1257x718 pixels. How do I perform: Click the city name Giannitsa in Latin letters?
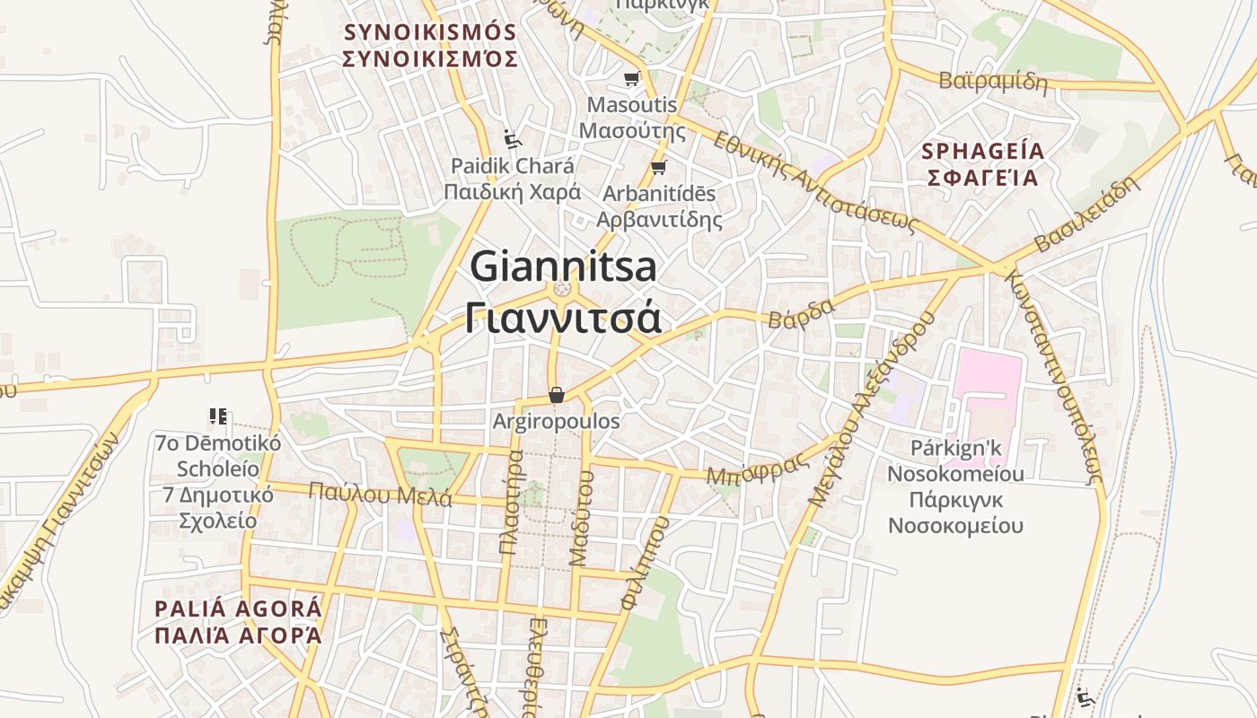click(x=563, y=266)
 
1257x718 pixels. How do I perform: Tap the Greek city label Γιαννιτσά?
click(x=563, y=318)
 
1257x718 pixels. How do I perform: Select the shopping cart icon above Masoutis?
click(x=631, y=79)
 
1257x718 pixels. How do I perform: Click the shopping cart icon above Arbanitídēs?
click(x=658, y=167)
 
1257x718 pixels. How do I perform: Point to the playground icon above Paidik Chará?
click(x=512, y=139)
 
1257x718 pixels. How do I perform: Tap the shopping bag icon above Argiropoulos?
click(x=557, y=395)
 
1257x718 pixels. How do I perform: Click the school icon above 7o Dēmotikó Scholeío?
click(x=217, y=416)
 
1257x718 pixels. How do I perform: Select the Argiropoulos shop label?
click(x=557, y=421)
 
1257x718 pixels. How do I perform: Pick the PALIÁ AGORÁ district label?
click(x=238, y=609)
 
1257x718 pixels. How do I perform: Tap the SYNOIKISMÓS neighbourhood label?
click(x=431, y=33)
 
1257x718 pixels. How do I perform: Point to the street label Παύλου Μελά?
click(x=380, y=494)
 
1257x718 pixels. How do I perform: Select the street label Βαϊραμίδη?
click(x=993, y=81)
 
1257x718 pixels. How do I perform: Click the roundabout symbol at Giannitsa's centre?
click(x=563, y=289)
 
